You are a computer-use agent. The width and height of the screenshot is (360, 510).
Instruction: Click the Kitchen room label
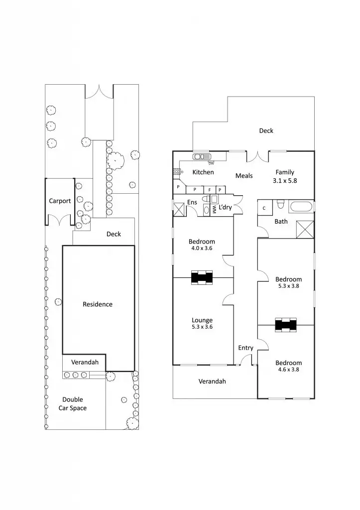click(203, 172)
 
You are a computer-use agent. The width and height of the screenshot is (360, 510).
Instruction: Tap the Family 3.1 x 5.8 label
click(285, 177)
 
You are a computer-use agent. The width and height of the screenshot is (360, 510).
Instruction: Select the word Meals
click(244, 176)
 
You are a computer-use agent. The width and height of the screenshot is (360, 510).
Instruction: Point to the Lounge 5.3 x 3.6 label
click(202, 324)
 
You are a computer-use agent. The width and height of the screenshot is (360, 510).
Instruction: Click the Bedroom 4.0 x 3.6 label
click(202, 245)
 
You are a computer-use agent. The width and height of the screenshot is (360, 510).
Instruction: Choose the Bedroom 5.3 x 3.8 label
click(288, 282)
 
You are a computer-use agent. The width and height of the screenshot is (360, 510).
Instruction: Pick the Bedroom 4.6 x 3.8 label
click(288, 366)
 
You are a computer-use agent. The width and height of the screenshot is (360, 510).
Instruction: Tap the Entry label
click(245, 348)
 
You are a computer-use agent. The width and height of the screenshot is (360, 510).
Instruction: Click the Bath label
click(281, 222)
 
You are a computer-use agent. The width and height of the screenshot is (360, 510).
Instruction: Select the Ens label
click(192, 202)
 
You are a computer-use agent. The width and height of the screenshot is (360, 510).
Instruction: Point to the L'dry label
click(225, 207)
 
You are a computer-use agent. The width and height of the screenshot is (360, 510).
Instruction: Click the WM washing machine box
click(214, 210)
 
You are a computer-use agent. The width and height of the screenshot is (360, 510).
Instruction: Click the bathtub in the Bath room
click(301, 207)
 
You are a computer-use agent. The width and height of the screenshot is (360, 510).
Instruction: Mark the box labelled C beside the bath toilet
click(264, 208)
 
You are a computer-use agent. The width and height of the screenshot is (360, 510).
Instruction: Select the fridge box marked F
click(210, 190)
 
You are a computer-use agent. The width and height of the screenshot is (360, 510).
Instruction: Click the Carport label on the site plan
click(60, 201)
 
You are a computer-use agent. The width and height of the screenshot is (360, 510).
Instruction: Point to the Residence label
click(98, 304)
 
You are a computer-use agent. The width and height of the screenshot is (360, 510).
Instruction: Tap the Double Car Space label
click(73, 404)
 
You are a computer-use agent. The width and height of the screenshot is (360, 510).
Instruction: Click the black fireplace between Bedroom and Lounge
click(202, 277)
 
